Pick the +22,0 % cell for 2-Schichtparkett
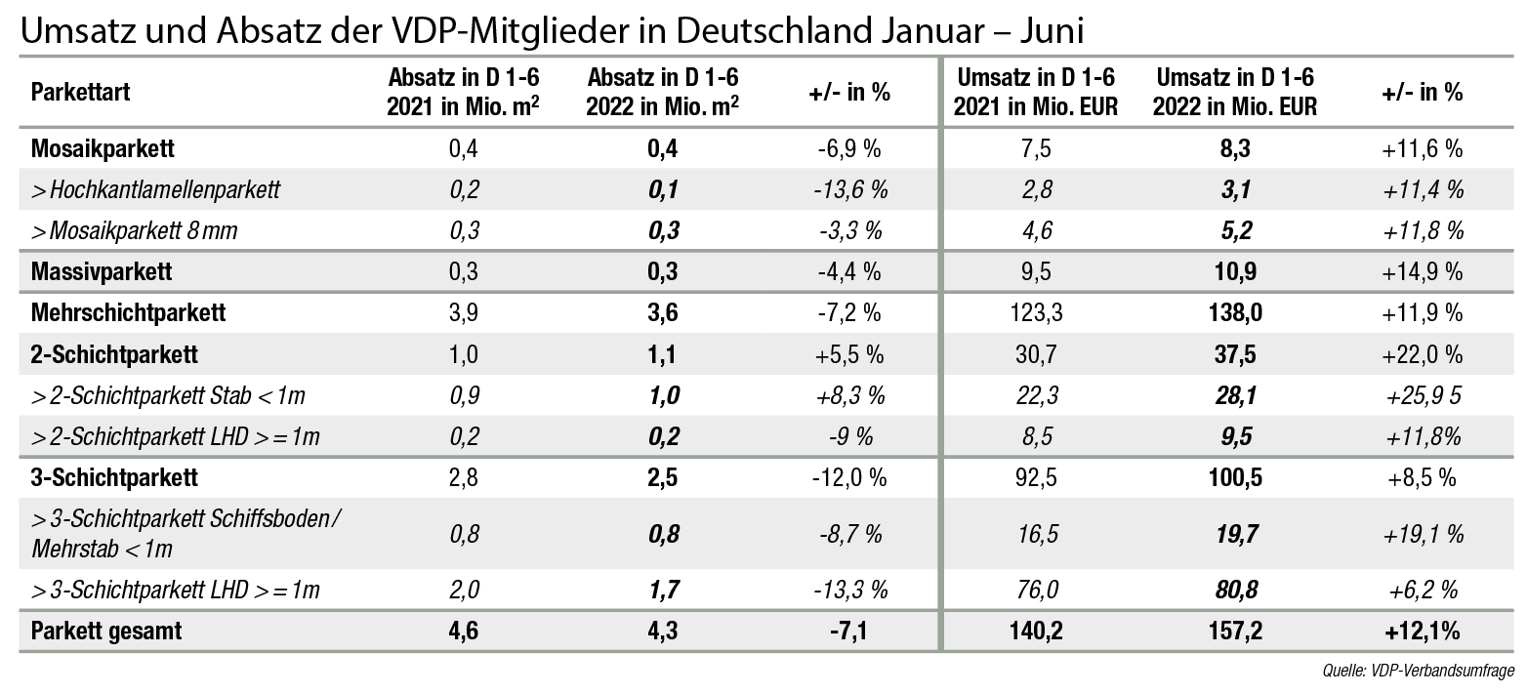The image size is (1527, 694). (x=1422, y=353)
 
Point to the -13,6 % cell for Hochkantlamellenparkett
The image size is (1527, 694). (x=848, y=189)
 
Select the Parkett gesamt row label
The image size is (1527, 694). (x=106, y=631)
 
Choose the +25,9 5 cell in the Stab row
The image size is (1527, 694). (x=1422, y=394)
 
